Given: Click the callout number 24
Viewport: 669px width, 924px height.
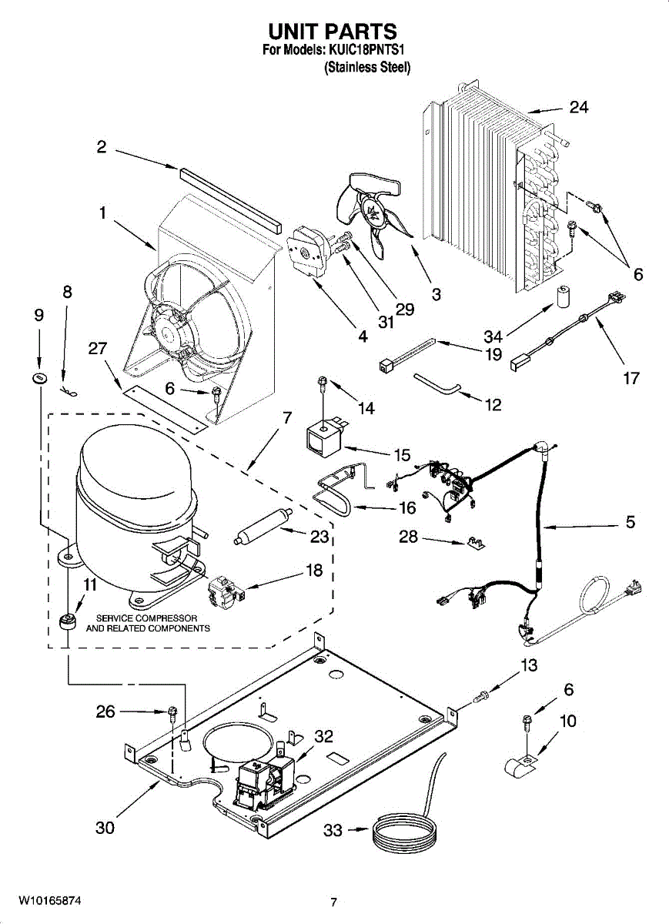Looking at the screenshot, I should (x=578, y=107).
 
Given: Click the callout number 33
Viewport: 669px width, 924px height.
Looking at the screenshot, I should (x=332, y=831).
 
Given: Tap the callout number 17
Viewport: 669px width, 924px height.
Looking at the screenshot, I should (x=631, y=379).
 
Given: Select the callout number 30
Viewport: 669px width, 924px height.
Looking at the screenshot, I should (x=105, y=828).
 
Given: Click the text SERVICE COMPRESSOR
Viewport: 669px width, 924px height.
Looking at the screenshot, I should (x=147, y=618).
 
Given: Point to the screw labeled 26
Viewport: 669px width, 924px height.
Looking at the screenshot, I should (x=172, y=712).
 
